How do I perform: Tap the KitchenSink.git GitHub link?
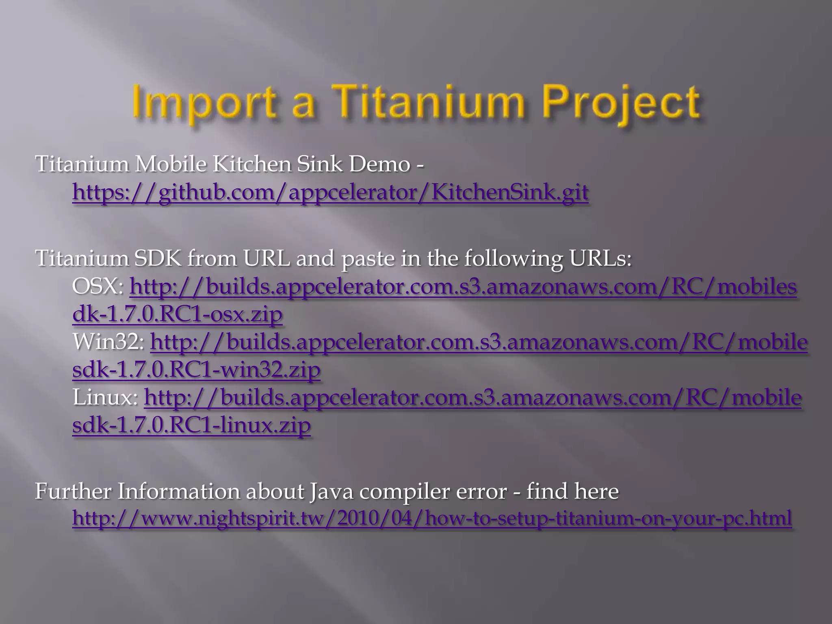330,192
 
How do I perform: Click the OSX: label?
98,287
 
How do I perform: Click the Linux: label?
105,397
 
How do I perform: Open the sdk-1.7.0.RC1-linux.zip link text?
191,425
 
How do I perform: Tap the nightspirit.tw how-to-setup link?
432,518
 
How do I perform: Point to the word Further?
73,491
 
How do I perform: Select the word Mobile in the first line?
171,164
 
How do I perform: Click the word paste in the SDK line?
368,258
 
